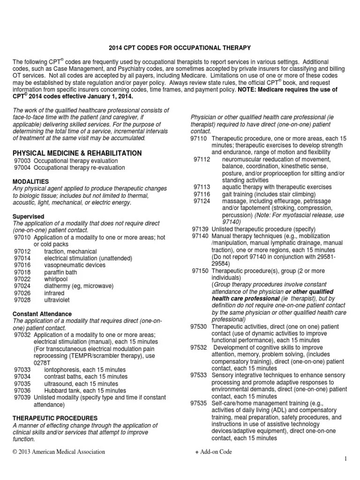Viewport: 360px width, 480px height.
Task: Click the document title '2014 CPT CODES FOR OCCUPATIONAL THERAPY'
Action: coord(180,47)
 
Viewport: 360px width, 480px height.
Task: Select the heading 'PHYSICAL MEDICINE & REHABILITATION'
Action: coord(77,153)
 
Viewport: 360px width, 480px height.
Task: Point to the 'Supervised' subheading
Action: coord(28,217)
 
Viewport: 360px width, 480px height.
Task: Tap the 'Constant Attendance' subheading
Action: coord(42,314)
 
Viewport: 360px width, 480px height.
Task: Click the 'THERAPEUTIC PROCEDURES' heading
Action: coord(55,418)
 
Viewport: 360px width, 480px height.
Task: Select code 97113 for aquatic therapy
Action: coord(201,187)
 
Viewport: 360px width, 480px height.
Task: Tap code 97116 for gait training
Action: coord(201,194)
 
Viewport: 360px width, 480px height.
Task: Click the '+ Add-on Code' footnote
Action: coord(214,452)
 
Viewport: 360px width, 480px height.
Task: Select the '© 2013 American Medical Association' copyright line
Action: coord(59,452)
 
